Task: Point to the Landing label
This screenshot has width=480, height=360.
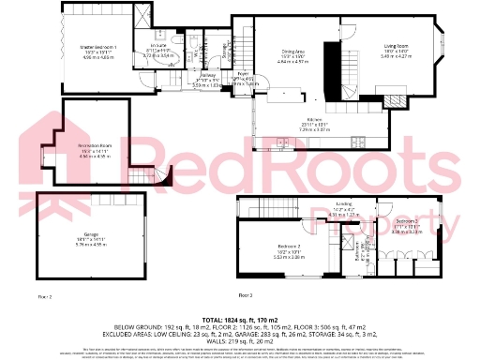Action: (343, 204)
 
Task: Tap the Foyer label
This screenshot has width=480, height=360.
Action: (242, 74)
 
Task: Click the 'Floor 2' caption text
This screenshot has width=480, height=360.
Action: (45, 295)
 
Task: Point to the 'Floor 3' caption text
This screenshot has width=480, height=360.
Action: (246, 295)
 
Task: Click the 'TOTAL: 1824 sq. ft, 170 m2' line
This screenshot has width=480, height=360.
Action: (240, 320)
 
